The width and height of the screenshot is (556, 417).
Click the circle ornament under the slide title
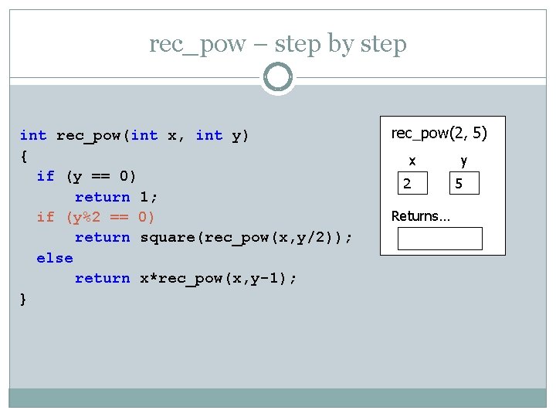(x=277, y=78)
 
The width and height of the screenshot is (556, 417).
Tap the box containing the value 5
(x=466, y=184)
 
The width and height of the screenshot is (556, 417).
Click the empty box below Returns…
(x=439, y=239)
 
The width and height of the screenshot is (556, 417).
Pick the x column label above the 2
(x=412, y=161)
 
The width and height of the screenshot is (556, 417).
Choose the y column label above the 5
(x=464, y=161)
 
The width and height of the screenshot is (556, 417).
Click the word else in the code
(x=55, y=258)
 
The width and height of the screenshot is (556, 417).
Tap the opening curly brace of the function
(x=24, y=156)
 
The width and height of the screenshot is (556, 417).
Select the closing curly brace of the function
(x=24, y=299)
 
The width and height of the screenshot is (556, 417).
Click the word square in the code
(x=168, y=237)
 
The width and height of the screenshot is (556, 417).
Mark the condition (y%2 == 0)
(x=111, y=217)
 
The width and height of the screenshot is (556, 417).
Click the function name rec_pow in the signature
(x=89, y=136)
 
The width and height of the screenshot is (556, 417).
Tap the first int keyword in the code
(x=33, y=136)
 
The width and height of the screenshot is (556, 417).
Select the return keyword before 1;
(x=102, y=197)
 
